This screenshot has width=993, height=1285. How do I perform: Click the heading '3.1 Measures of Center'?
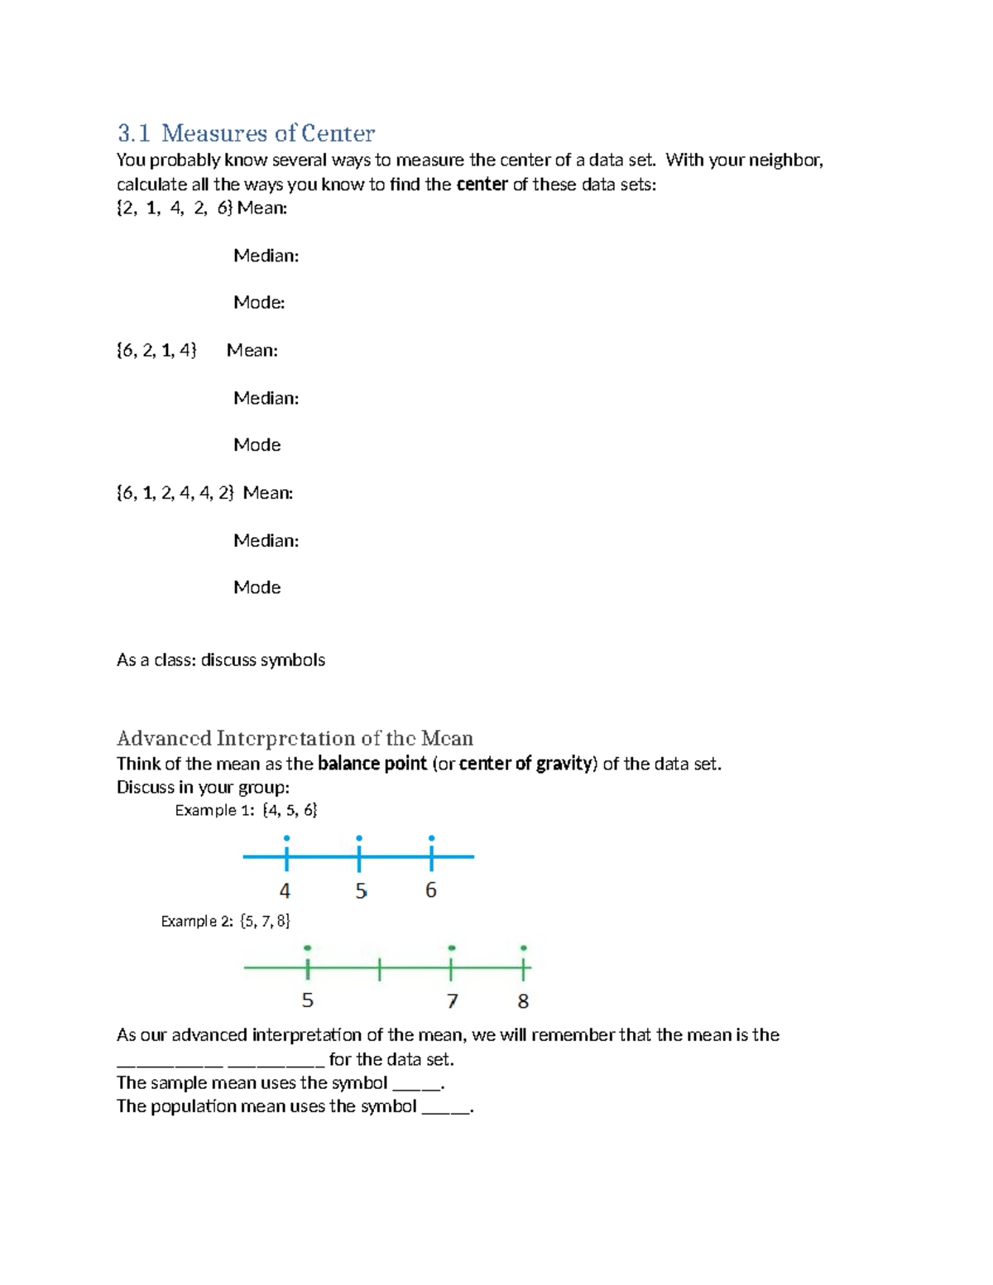(x=246, y=133)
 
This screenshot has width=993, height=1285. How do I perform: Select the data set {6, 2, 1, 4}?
(x=156, y=350)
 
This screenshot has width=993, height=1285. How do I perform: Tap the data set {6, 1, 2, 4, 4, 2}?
(x=175, y=493)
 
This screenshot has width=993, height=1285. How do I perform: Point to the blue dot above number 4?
(x=286, y=838)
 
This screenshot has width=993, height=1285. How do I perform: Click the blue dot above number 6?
(x=431, y=838)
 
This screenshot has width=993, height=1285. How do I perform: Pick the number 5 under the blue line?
(x=360, y=891)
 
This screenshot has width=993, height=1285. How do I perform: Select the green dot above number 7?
(x=451, y=947)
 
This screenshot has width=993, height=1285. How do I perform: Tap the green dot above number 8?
(x=523, y=947)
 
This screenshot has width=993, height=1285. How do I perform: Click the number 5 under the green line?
(x=307, y=1000)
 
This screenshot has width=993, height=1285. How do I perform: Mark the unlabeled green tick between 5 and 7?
(x=380, y=968)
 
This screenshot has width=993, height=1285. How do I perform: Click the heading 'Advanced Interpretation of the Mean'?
(x=295, y=738)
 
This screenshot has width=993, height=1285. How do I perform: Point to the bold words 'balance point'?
(x=372, y=764)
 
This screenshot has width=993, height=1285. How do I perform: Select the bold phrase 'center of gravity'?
(x=525, y=764)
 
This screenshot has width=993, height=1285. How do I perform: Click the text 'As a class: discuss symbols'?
(x=220, y=660)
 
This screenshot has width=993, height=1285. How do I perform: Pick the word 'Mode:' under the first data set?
(x=258, y=303)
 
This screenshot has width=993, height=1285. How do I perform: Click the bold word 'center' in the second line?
(x=482, y=185)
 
